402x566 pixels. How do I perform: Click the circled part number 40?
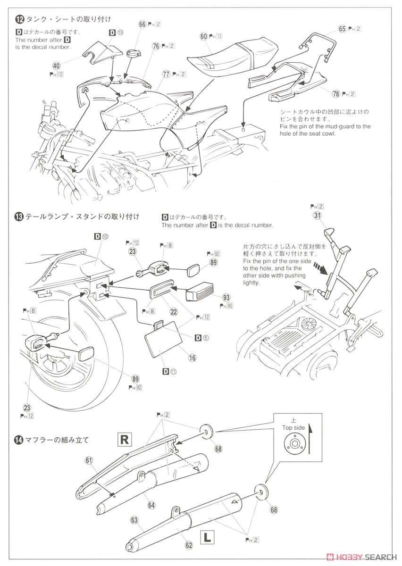point(57,66)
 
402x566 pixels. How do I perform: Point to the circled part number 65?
point(343,29)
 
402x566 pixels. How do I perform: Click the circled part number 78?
point(336,94)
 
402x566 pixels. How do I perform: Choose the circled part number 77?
point(166,74)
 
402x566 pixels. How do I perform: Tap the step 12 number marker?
point(19,19)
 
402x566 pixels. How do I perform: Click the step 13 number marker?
point(19,216)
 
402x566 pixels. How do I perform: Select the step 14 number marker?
point(19,440)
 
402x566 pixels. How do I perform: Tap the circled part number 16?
point(193,358)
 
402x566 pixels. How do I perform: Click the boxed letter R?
point(125,440)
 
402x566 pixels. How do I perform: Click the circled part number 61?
point(88,460)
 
